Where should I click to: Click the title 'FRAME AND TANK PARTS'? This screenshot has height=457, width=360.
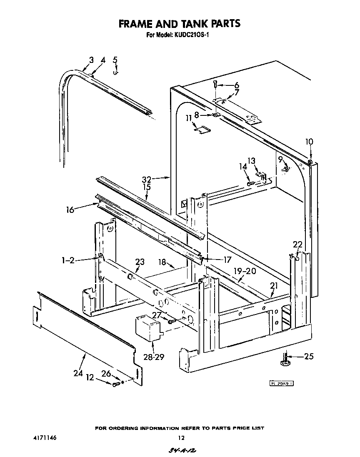point(180,24)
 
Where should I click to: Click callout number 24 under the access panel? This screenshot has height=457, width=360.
point(78,373)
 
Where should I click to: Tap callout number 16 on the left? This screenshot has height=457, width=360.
point(70,210)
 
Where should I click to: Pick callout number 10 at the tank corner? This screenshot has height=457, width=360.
point(309,142)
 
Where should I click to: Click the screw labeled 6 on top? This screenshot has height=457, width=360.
point(215,84)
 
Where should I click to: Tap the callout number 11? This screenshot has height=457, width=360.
point(189,118)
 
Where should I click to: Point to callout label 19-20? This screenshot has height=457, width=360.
point(245,271)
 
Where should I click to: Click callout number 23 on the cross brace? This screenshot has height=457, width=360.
point(140,262)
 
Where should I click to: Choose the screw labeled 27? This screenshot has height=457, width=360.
point(171,321)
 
